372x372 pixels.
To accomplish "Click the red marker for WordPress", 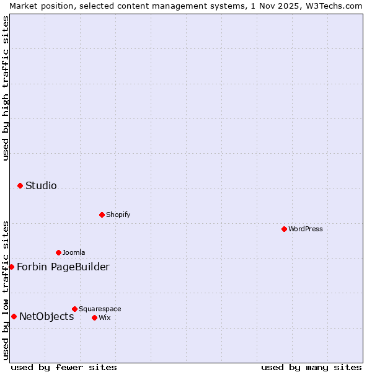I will [284, 229].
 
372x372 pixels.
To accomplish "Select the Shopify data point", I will [102, 215].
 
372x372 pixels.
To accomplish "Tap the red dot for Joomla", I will [58, 252].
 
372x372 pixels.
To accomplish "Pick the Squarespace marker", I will [74, 309].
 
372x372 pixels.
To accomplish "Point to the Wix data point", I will [94, 317].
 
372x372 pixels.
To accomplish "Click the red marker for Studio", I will [20, 185].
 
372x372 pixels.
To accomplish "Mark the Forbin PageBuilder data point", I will [11, 267].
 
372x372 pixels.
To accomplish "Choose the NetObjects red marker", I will [14, 316].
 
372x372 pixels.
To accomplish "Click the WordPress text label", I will [306, 229].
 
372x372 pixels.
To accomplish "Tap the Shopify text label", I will [118, 215].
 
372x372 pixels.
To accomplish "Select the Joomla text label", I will [74, 252].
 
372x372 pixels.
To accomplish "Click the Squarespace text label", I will [100, 309].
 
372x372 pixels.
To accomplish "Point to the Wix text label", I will [104, 317].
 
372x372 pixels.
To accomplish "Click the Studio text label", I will [41, 185].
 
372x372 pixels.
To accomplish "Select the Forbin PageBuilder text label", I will [63, 267].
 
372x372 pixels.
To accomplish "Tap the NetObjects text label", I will [46, 316].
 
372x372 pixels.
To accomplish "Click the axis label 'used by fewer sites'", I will [64, 367].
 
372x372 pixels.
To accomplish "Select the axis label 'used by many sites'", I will [311, 367].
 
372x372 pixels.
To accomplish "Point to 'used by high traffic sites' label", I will [6, 88].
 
